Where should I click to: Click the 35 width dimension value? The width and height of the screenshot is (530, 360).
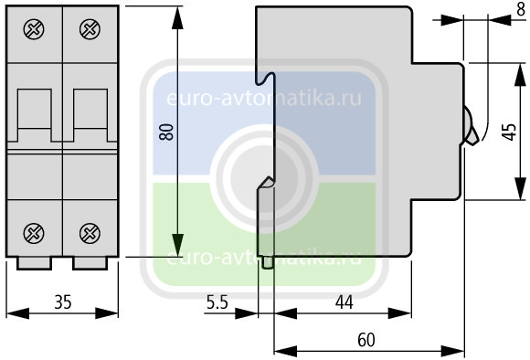pyautogui.click(x=63, y=302)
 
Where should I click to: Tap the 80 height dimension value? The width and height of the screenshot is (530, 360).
pyautogui.click(x=166, y=132)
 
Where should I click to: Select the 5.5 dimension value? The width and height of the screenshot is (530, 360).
pyautogui.click(x=217, y=302)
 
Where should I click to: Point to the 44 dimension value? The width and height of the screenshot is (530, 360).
pyautogui.click(x=344, y=302)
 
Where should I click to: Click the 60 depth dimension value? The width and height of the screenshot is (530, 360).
pyautogui.click(x=366, y=340)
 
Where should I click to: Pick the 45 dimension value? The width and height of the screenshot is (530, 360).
pyautogui.click(x=509, y=132)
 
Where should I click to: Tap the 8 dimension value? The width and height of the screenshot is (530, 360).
pyautogui.click(x=521, y=9)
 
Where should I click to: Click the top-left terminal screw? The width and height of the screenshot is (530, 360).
pyautogui.click(x=34, y=29)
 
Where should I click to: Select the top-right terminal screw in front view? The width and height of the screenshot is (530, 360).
pyautogui.click(x=90, y=29)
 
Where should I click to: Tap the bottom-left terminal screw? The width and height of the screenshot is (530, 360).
pyautogui.click(x=34, y=233)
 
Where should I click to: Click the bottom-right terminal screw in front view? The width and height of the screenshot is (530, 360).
pyautogui.click(x=90, y=233)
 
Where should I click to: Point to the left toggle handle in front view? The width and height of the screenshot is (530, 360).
pyautogui.click(x=35, y=115)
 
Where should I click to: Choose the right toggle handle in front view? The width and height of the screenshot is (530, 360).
pyautogui.click(x=90, y=115)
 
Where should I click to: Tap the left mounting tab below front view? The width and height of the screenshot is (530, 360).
pyautogui.click(x=34, y=263)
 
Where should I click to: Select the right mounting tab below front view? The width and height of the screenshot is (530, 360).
pyautogui.click(x=90, y=263)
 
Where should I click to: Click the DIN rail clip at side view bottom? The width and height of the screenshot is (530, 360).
pyautogui.click(x=268, y=263)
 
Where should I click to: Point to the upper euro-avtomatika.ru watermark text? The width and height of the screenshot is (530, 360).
pyautogui.click(x=264, y=99)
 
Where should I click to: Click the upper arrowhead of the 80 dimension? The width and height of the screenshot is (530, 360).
pyautogui.click(x=177, y=18)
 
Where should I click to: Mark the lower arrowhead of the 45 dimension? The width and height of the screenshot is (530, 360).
pyautogui.click(x=521, y=188)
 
